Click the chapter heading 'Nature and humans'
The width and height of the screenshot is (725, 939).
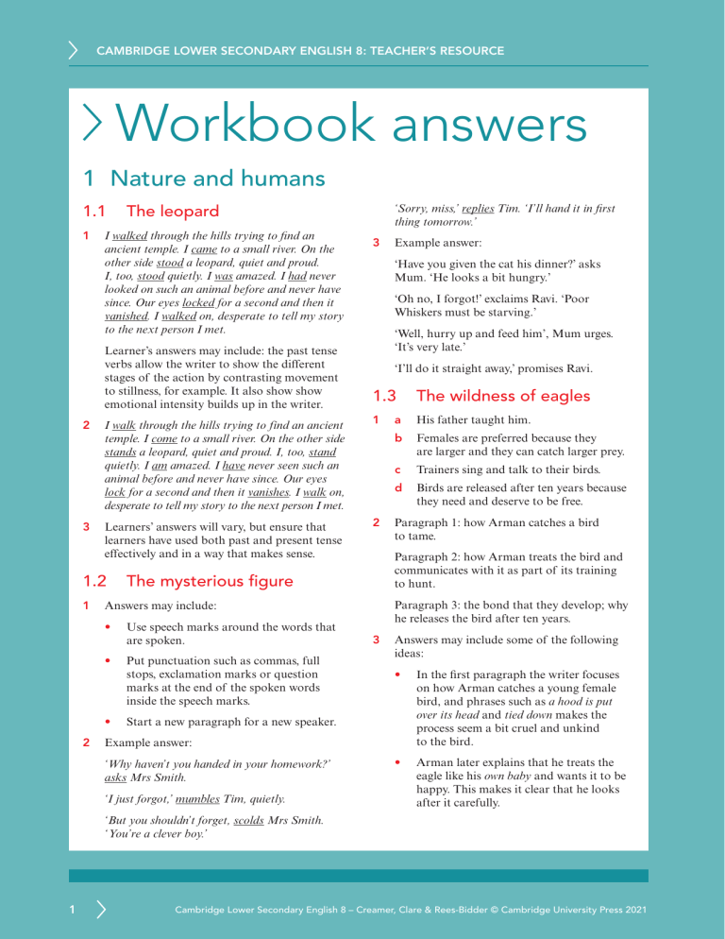[217, 177]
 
